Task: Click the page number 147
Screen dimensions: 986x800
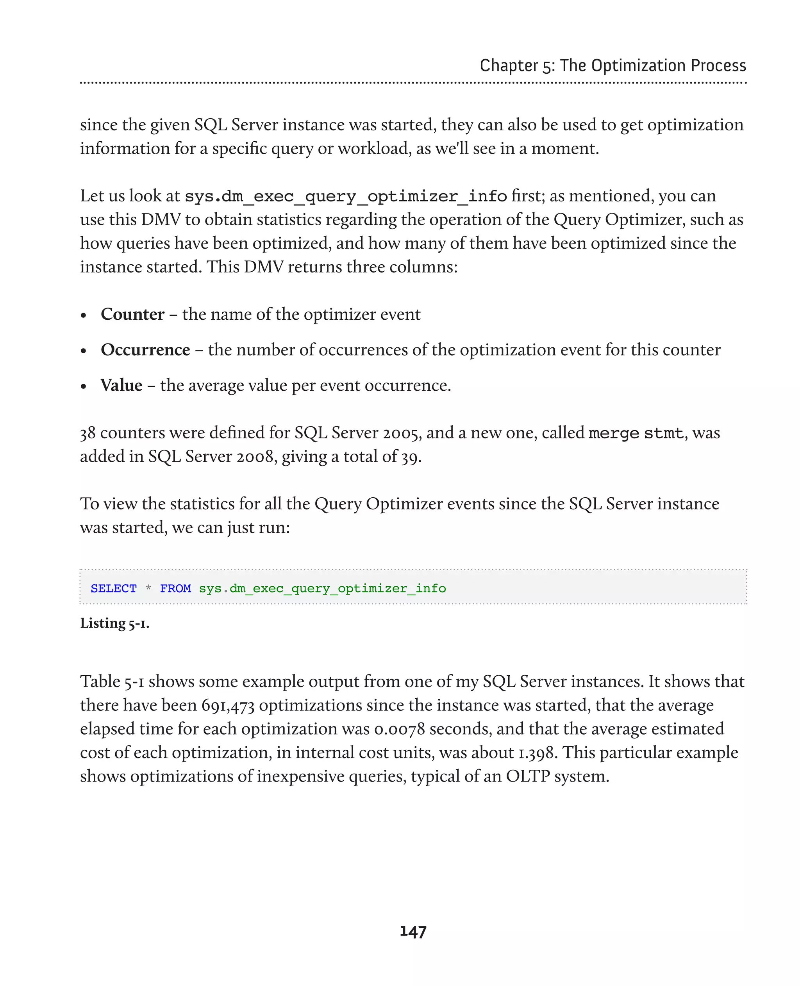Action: (413, 932)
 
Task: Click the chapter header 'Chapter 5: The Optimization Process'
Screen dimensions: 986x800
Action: (612, 66)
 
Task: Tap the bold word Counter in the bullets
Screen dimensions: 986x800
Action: (132, 314)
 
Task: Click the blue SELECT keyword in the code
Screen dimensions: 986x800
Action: (113, 589)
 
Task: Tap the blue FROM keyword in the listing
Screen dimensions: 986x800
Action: (175, 589)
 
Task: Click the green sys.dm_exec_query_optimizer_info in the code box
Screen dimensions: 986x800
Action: (322, 589)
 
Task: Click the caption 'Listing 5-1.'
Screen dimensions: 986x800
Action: (115, 623)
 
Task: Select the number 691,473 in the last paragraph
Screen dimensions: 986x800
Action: (228, 705)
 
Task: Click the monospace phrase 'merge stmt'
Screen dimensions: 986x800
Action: (636, 433)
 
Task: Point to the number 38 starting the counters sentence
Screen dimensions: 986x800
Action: (87, 433)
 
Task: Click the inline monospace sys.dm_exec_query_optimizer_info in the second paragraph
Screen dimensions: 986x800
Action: (346, 197)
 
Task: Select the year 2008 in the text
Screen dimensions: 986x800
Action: (257, 457)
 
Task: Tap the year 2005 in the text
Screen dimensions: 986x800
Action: (402, 433)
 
